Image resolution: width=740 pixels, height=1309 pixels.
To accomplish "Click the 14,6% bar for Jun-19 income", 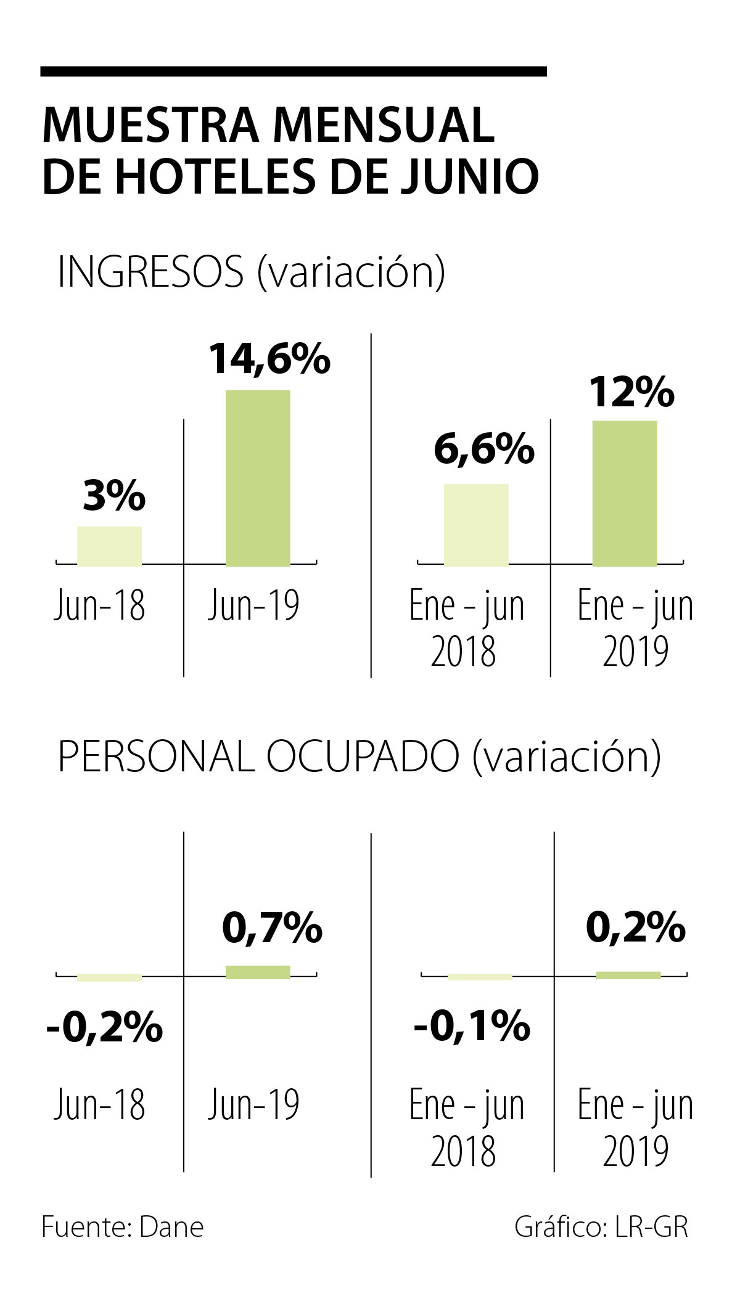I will (258, 478).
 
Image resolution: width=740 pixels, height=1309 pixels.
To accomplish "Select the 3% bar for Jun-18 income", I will (109, 546).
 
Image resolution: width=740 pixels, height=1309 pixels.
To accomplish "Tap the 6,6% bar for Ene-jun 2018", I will (476, 525).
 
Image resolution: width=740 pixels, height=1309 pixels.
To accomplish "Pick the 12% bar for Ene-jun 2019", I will (624, 493).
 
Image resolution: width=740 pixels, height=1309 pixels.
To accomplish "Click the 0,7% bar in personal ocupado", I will (258, 972).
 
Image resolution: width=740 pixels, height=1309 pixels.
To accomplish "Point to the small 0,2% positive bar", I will (628, 975).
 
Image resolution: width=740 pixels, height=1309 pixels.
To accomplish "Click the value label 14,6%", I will (269, 359).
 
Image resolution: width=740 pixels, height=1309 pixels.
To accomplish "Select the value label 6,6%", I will (483, 449).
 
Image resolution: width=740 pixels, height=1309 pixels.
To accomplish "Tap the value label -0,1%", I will (472, 1026).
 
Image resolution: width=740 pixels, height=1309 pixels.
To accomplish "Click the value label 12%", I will (631, 392).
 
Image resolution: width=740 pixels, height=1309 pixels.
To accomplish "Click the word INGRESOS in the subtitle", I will (150, 272).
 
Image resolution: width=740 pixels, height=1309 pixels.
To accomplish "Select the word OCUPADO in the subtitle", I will (363, 757).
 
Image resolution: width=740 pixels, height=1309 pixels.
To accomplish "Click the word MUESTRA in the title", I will (151, 125).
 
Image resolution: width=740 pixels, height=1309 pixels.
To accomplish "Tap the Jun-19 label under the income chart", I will (253, 605).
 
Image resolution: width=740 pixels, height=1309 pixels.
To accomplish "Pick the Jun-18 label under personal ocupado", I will (99, 1104).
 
